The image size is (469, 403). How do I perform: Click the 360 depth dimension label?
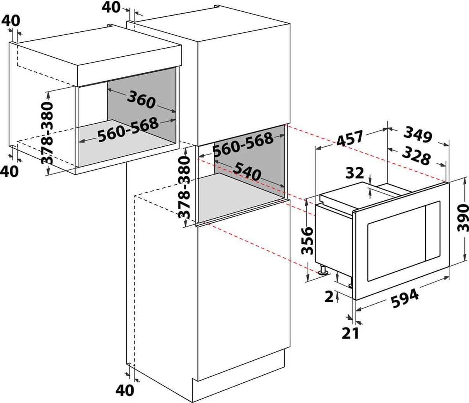(x=141, y=99)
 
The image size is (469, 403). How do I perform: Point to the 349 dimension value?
(x=417, y=134)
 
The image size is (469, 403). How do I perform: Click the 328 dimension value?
(x=416, y=155)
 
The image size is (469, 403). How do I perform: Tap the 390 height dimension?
(x=463, y=218)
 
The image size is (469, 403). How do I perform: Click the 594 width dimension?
(x=405, y=298)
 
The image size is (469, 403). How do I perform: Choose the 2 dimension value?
(x=329, y=296)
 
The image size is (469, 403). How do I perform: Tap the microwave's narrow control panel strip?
(x=433, y=230)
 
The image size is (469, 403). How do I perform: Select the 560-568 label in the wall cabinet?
(x=128, y=130)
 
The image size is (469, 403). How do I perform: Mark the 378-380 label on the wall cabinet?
(x=47, y=133)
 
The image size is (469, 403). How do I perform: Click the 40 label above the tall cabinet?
(x=111, y=7)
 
